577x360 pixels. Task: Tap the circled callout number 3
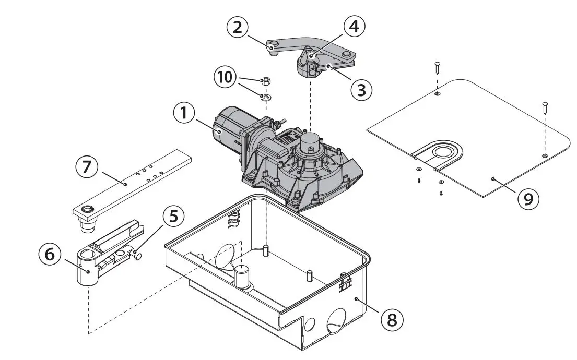tap(361, 89)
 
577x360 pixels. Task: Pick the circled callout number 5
tap(173, 215)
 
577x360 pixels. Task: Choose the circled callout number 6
tap(50, 254)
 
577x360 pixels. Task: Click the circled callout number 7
tap(86, 167)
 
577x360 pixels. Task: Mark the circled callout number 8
tap(392, 319)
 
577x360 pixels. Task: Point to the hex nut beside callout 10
tap(266, 80)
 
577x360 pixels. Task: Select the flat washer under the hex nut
tap(266, 96)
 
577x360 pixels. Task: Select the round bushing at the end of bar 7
tap(88, 210)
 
